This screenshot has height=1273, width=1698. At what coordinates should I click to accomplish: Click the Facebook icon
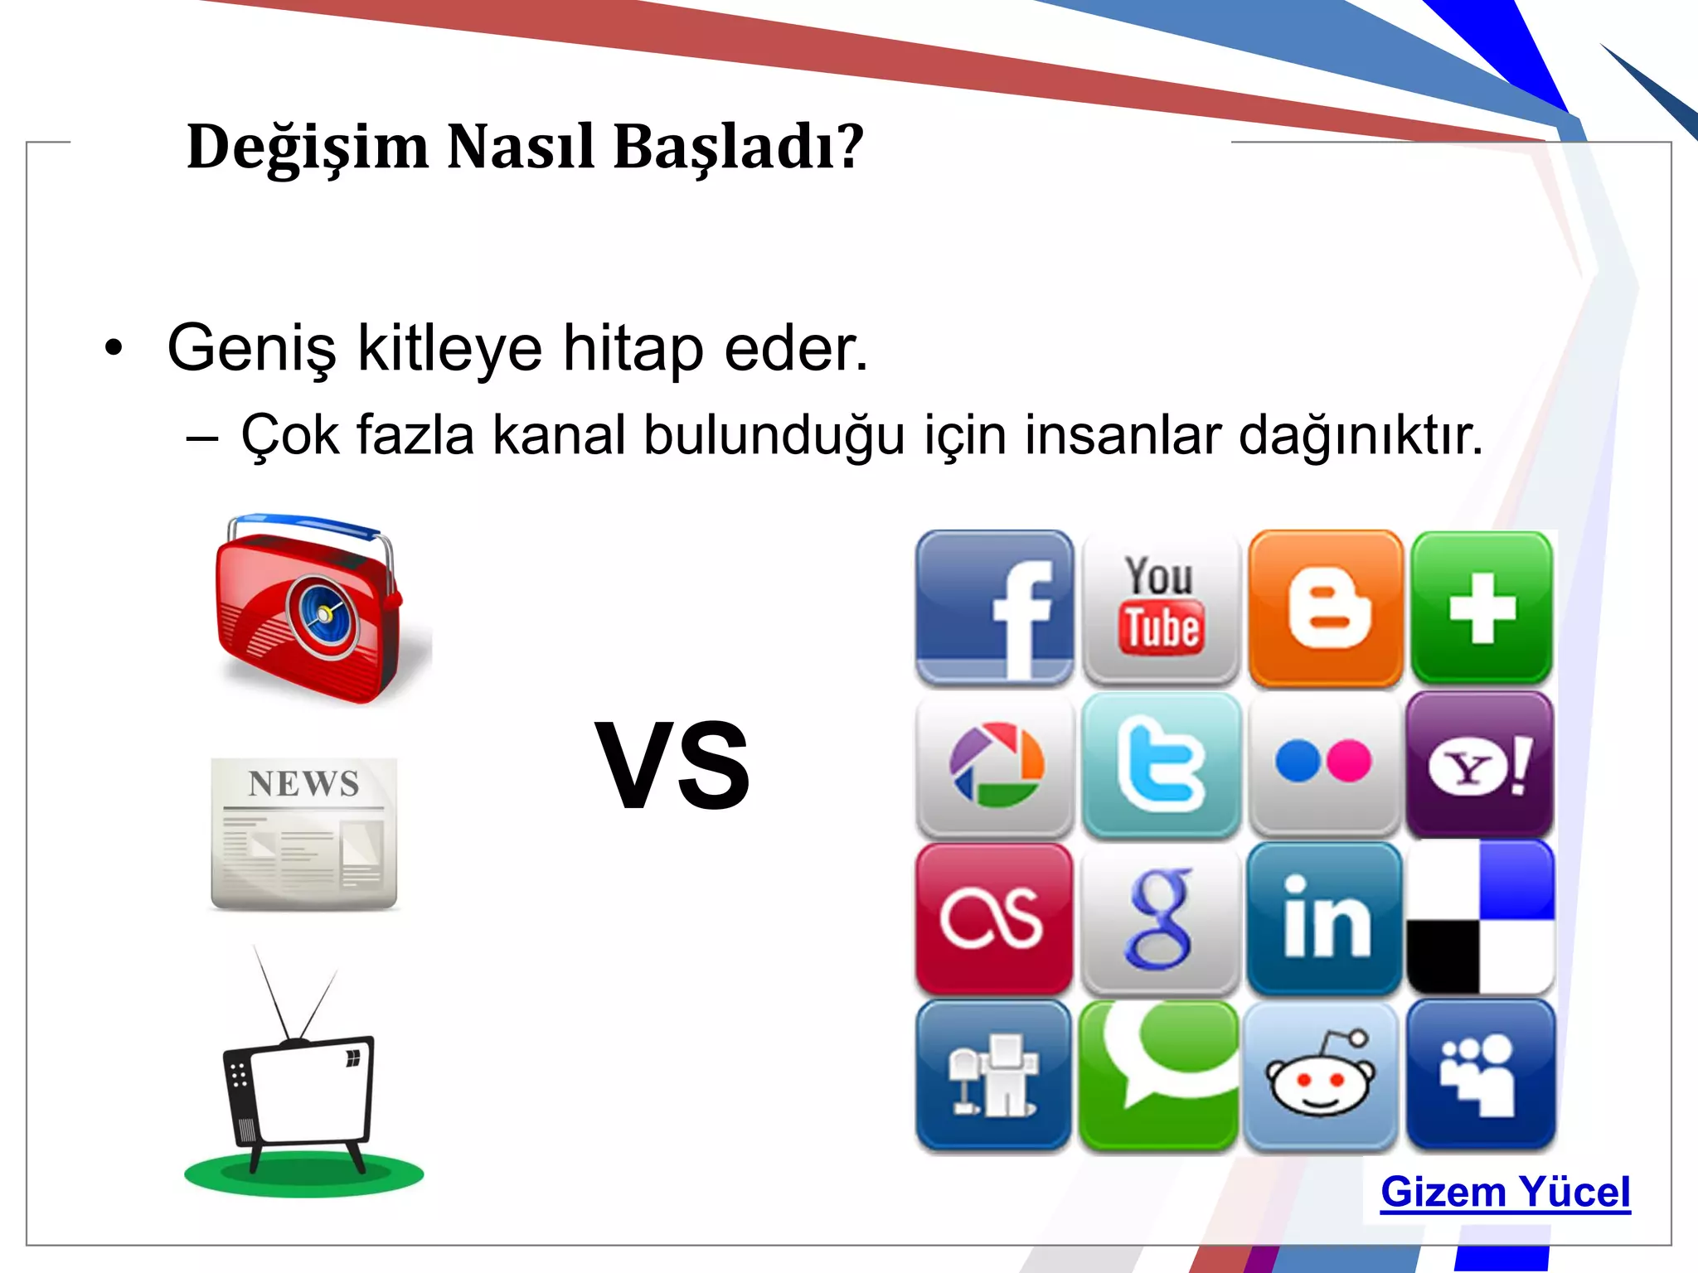993,607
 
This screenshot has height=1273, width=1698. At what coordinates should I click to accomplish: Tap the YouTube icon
1160,607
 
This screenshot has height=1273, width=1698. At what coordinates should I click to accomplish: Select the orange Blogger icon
1325,607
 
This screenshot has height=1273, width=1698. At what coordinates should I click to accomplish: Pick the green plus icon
1482,607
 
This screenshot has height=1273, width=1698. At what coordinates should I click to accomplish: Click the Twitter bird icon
1160,764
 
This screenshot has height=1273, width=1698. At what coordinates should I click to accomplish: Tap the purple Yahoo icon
1480,764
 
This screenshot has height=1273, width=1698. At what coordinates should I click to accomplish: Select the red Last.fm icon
993,918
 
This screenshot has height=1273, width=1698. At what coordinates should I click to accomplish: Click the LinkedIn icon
1325,918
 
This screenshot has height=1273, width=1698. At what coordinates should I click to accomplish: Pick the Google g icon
1160,918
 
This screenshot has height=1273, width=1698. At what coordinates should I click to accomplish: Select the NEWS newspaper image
304,833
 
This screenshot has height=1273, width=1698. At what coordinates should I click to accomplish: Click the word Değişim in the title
308,148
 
